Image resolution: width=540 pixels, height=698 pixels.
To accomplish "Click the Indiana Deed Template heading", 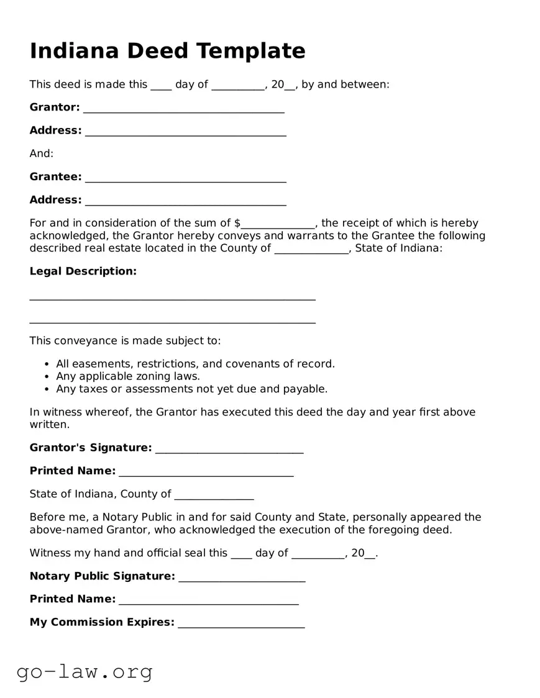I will click(167, 51).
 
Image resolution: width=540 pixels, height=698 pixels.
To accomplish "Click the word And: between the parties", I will click(42, 153).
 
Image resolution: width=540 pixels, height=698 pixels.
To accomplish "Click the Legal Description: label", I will click(83, 271).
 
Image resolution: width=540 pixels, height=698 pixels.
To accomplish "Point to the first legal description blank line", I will click(172, 299).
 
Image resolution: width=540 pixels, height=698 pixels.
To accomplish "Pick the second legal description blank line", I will click(172, 322).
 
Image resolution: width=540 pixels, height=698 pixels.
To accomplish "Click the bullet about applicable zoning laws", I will click(127, 376).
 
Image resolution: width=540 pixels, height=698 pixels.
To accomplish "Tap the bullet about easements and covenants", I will click(195, 364).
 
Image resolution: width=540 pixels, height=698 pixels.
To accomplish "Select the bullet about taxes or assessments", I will click(191, 389).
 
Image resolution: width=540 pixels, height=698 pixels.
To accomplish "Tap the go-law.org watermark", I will click(85, 671).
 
